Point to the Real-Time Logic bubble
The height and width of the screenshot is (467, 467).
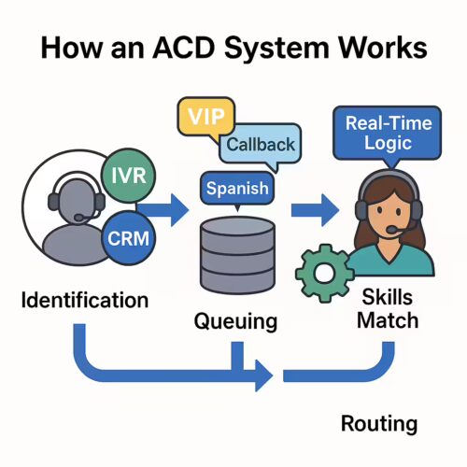coord(381,132)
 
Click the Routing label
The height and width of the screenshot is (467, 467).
coord(378,423)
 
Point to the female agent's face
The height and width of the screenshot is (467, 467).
coord(385,210)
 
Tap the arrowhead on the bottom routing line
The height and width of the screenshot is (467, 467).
coord(263,375)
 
